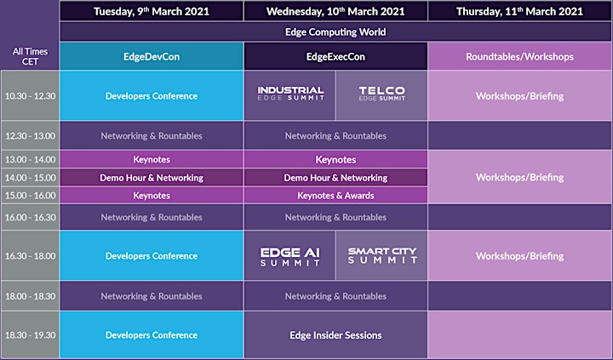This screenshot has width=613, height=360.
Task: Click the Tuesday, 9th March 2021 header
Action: coord(152,11)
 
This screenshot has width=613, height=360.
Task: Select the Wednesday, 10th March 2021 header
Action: coord(335,11)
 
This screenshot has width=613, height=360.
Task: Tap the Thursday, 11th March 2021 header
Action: coord(519,11)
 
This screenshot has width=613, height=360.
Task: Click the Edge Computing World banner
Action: coord(335,31)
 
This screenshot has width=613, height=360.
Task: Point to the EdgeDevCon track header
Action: coord(152,56)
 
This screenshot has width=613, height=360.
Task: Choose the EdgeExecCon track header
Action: coord(335,56)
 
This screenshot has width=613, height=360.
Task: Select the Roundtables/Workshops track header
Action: coord(519,56)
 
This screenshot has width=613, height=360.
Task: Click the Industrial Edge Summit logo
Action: coord(290,94)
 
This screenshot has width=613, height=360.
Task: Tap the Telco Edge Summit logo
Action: coord(382,94)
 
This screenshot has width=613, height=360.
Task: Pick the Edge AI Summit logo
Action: coord(290,257)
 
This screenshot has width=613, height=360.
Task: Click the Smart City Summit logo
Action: coord(382,255)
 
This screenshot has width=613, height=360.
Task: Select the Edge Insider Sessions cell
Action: coord(335,335)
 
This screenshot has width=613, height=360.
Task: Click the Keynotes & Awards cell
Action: coord(335,196)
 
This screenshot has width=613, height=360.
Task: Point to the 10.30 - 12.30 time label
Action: coord(30,96)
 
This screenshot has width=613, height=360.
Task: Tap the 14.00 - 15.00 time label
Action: coord(30,178)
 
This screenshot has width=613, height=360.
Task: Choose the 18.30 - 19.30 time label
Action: coord(30,335)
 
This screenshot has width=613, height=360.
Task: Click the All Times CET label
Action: coord(30,56)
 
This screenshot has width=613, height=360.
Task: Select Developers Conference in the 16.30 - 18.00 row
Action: coord(152,255)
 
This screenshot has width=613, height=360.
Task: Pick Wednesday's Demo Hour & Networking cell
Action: coord(335,178)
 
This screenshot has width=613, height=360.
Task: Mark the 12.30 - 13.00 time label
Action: coord(30,135)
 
